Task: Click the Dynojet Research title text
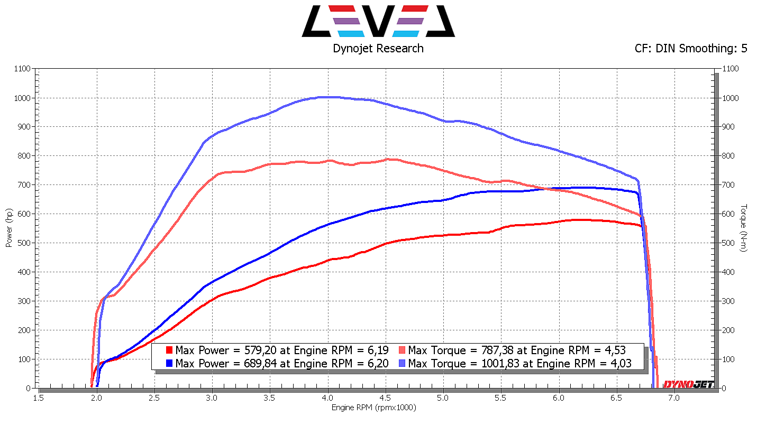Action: click(378, 48)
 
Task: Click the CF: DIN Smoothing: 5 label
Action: click(691, 48)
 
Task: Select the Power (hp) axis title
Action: click(8, 227)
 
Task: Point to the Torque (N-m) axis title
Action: click(744, 227)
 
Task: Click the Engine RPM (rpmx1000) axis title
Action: click(374, 408)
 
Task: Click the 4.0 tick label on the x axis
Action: click(328, 397)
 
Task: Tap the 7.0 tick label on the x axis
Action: click(674, 397)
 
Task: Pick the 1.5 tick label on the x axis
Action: click(39, 397)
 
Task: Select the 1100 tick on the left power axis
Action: click(23, 69)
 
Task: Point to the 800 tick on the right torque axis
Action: click(729, 156)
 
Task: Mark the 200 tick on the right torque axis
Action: click(729, 330)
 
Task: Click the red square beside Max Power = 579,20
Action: click(169, 350)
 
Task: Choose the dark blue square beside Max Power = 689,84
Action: click(169, 364)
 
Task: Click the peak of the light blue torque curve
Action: click(329, 97)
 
